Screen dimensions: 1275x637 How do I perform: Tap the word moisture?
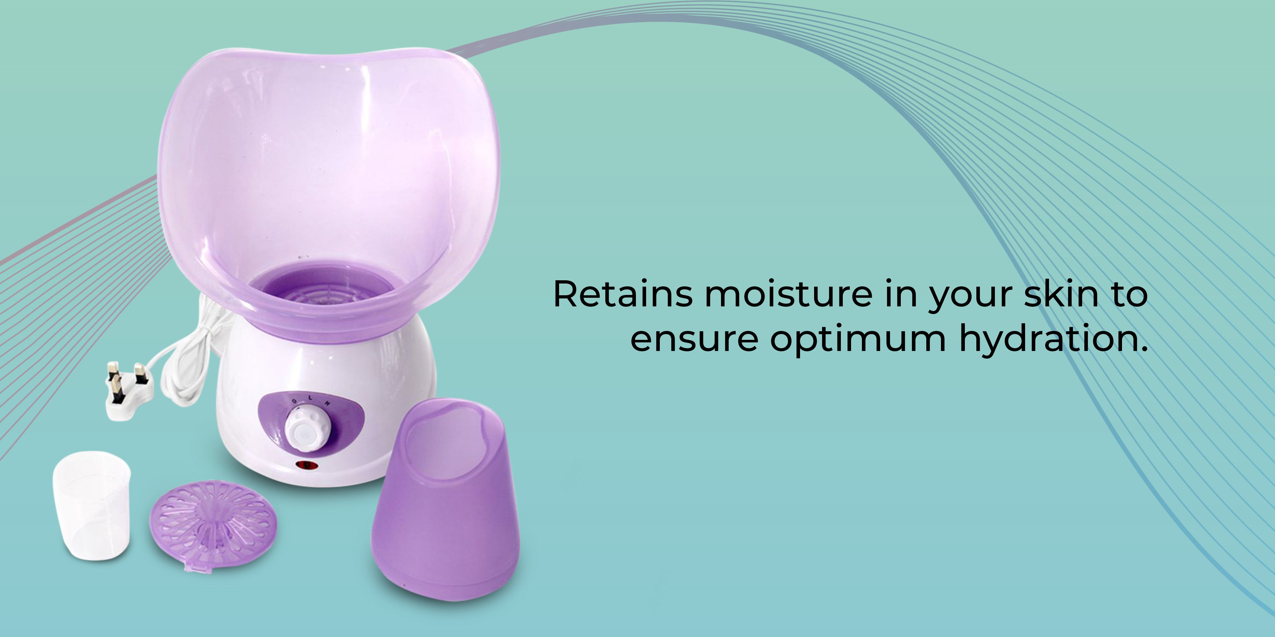[x=789, y=294]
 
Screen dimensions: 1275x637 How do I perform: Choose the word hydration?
[x=1053, y=340]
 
